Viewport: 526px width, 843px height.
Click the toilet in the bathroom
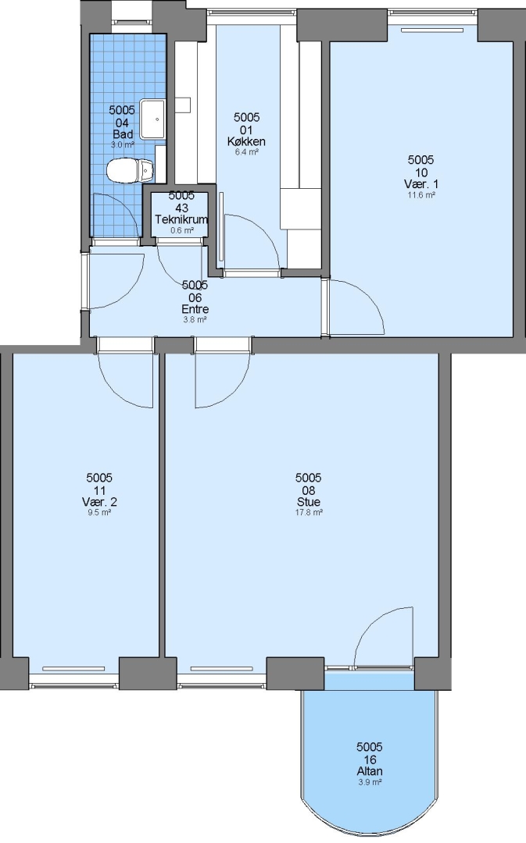(x=131, y=170)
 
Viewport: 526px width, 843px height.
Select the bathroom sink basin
(x=153, y=119)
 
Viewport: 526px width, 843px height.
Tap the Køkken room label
(x=246, y=142)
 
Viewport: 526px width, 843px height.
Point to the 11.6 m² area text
(x=421, y=195)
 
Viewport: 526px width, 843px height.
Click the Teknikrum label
(x=181, y=219)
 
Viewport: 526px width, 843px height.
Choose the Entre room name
(x=195, y=309)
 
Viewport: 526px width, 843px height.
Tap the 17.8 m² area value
(x=309, y=512)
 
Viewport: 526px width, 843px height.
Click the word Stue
(x=309, y=502)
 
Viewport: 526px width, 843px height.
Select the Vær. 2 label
(x=99, y=502)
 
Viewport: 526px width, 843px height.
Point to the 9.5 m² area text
(x=99, y=512)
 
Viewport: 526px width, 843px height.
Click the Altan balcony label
(x=370, y=771)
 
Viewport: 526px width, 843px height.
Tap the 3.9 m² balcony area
(x=370, y=782)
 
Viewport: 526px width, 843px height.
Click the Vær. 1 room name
(x=421, y=184)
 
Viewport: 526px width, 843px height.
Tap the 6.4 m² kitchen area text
(x=246, y=152)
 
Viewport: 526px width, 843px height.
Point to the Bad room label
(x=123, y=134)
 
